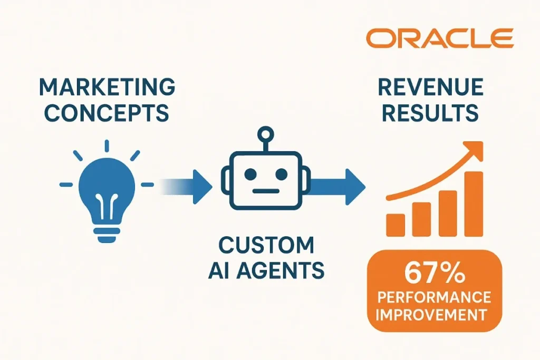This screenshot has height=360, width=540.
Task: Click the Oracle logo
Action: click(x=439, y=38)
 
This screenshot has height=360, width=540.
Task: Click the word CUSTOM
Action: click(x=266, y=246)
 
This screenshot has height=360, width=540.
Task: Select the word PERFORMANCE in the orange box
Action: click(x=434, y=298)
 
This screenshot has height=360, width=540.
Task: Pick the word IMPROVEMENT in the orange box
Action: click(x=434, y=315)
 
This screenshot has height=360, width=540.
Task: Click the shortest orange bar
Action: click(x=396, y=225)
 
